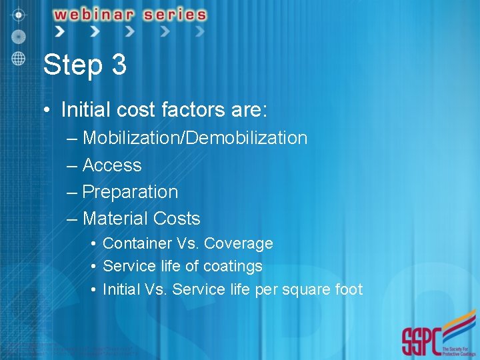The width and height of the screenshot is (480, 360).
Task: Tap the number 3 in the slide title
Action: pos(119,65)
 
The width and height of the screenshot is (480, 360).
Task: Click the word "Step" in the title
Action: pos(70,65)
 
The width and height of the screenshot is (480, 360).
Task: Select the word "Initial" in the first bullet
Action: pos(89,109)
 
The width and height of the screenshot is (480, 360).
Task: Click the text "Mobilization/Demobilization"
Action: pos(195,138)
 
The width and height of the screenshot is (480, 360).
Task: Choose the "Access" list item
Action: pos(112,165)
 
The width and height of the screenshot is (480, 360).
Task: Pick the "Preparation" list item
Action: pos(130,192)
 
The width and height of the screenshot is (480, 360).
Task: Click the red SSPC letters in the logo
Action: pos(421,341)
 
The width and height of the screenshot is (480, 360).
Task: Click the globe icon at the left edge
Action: pos(18,58)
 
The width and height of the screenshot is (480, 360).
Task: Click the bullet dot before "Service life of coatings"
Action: pos(93,267)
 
